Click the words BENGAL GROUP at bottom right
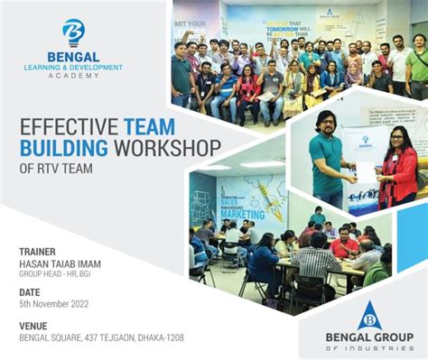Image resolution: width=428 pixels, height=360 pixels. pos(369,338)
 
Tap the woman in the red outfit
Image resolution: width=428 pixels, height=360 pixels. pos(398,168)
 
